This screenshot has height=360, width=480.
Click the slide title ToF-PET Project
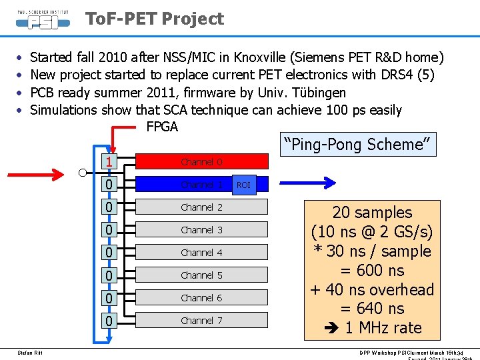point(155,19)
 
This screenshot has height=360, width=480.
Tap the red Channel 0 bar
point(201,161)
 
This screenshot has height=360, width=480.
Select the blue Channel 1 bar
point(183,185)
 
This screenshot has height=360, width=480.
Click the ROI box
point(244,185)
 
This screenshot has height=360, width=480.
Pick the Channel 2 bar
point(201,207)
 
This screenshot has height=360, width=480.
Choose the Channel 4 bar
point(201,253)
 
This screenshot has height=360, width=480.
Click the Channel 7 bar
point(201,321)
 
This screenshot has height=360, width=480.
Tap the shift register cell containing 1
point(108,162)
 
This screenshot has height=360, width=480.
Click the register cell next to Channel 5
point(108,275)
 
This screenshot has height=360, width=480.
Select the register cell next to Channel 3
point(108,230)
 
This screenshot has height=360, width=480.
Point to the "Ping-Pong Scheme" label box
point(358,144)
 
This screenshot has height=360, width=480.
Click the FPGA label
point(162,127)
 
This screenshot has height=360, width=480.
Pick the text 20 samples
point(372,213)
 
